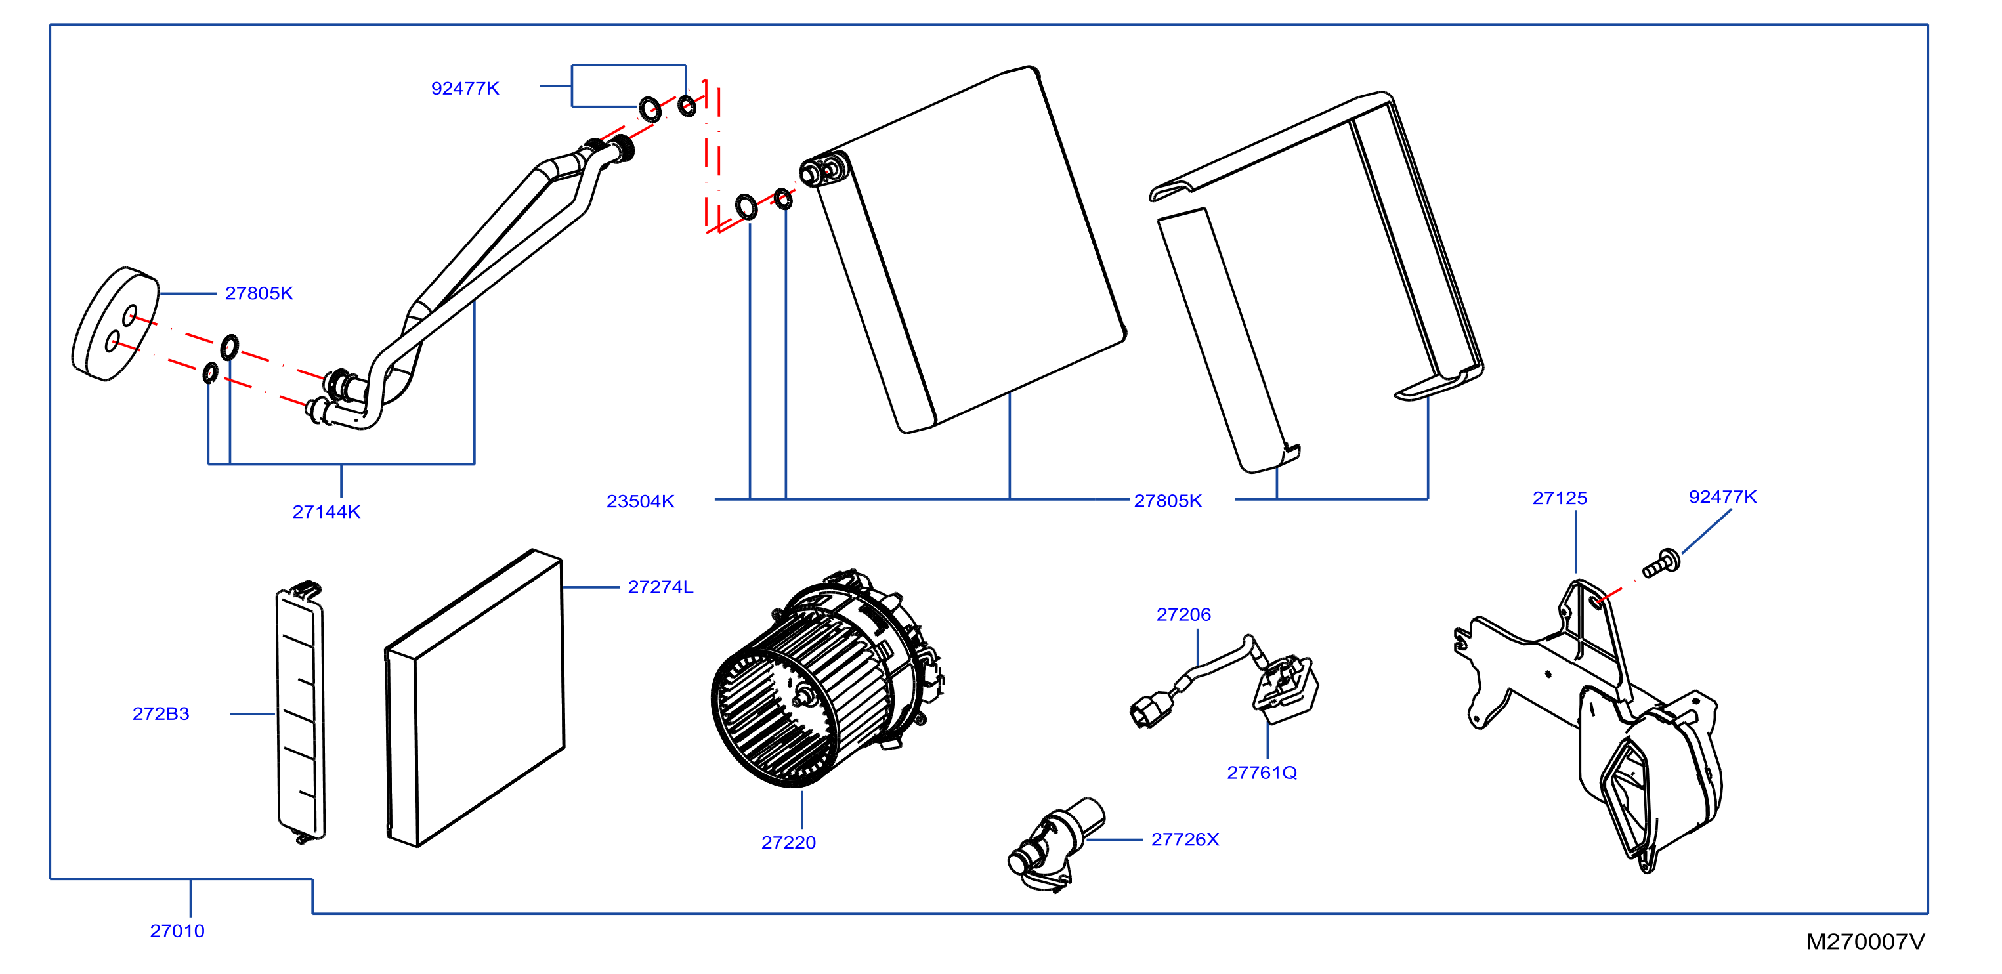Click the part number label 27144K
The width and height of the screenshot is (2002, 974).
[326, 511]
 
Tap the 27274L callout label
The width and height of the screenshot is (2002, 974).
[660, 587]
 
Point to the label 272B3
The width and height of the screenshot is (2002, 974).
[161, 713]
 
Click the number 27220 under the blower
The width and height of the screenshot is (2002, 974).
[788, 843]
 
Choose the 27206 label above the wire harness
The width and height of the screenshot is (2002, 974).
[1183, 615]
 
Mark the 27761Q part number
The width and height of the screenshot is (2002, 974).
[1262, 773]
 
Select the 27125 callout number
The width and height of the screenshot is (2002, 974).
[1559, 498]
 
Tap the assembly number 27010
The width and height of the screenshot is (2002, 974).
[177, 931]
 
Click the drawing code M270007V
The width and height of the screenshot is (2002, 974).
[1865, 942]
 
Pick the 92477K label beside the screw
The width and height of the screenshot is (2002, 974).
[1722, 497]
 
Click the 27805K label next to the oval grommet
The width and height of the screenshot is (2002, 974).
[259, 293]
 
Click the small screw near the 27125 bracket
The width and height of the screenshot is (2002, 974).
[1661, 564]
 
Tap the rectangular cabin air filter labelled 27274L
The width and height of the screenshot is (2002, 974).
[475, 698]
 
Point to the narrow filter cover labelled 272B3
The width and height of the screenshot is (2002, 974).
[301, 712]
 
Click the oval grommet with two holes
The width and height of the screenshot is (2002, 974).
[115, 324]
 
